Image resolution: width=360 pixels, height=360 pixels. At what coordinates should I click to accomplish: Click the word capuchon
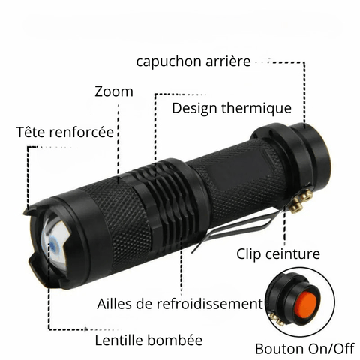point(169,61)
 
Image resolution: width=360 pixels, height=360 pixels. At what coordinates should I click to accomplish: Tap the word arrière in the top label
point(228,61)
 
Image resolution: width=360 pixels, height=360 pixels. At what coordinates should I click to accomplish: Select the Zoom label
point(114,91)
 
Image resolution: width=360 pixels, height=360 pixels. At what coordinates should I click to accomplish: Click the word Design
point(194,109)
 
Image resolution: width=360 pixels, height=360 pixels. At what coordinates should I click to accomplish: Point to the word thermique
point(256,108)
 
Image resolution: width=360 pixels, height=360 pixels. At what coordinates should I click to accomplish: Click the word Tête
point(32,131)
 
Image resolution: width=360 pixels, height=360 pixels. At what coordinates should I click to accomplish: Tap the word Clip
point(249,254)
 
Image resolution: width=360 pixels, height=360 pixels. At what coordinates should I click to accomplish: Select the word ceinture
point(292,253)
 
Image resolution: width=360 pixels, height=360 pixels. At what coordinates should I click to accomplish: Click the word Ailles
point(115,304)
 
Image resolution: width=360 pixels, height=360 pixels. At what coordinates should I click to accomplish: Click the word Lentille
point(119,340)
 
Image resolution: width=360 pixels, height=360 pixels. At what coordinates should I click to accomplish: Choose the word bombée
point(175,340)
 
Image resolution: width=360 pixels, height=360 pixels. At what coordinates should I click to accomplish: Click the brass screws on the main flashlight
point(301,200)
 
